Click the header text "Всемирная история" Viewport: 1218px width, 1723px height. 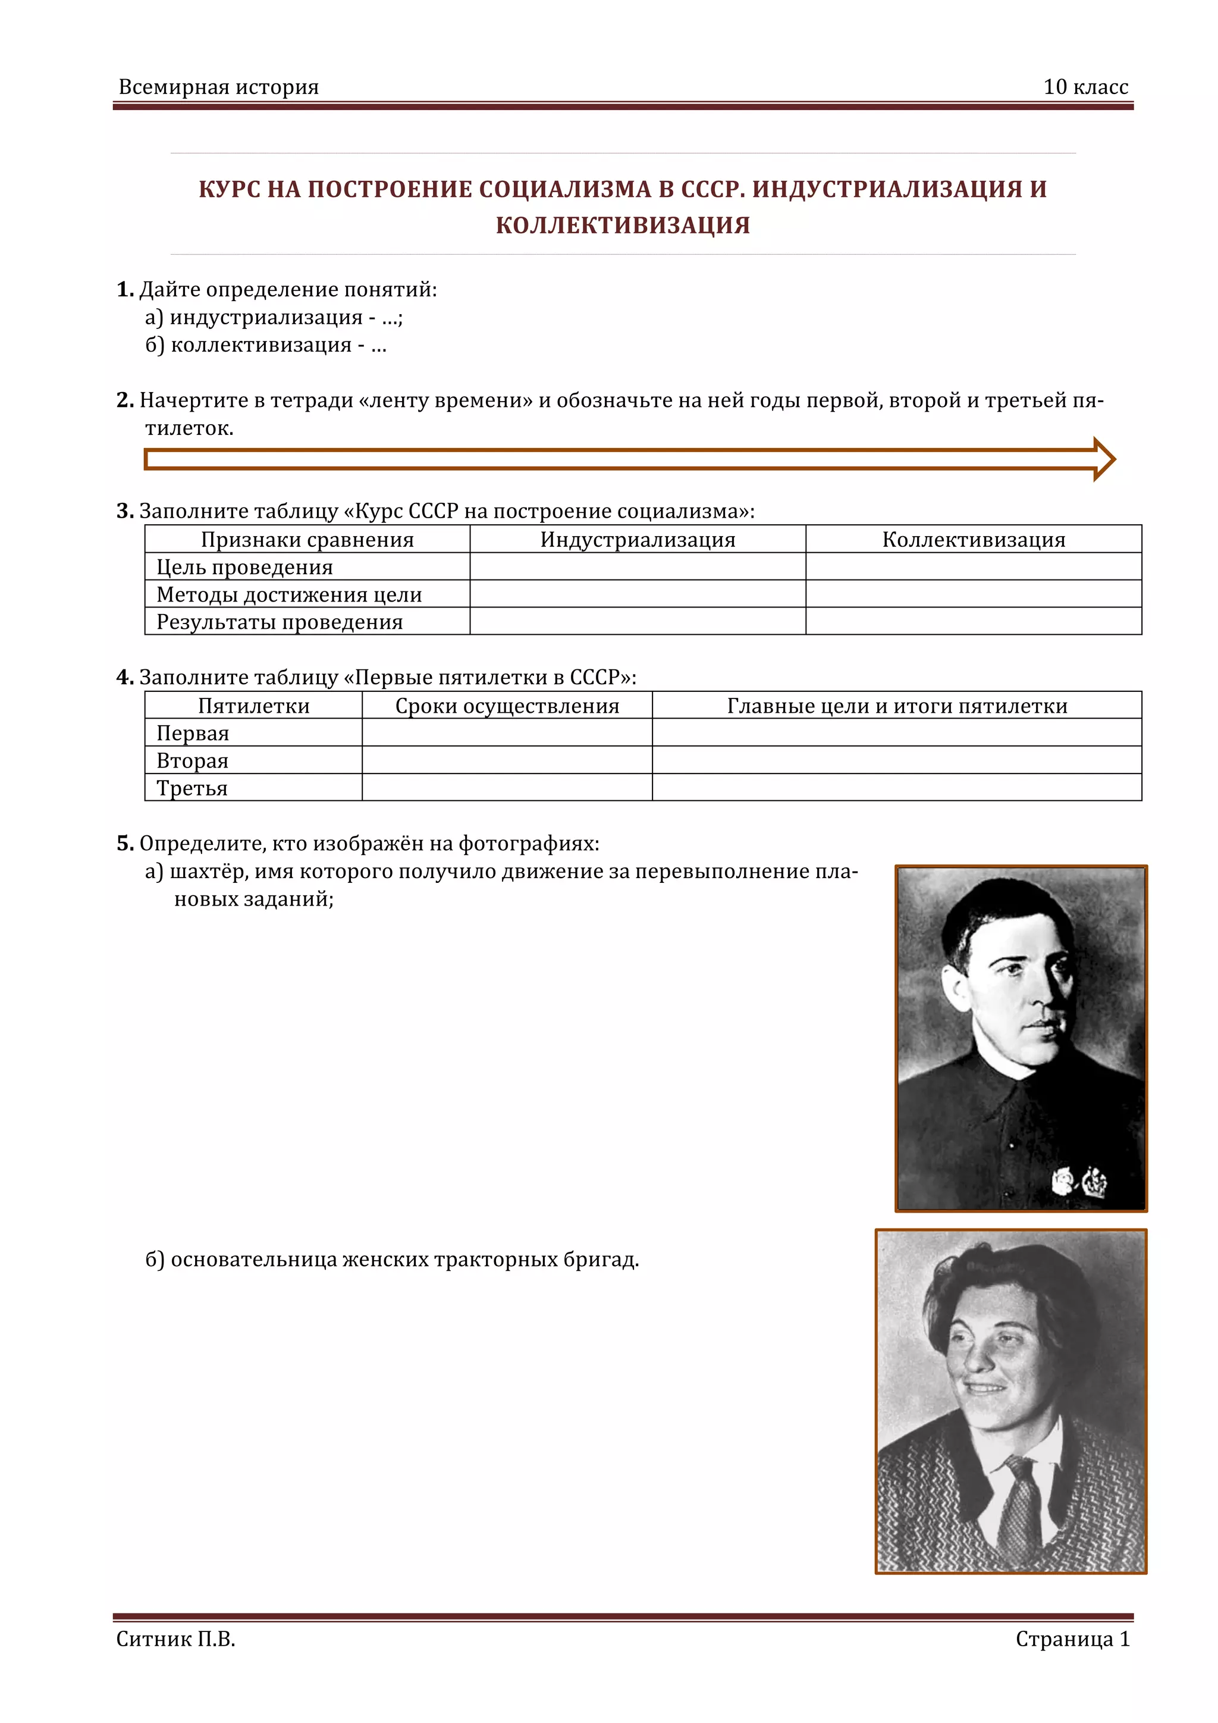point(218,87)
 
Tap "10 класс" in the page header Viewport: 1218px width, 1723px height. point(1085,87)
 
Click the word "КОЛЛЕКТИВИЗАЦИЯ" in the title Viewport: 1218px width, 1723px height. point(623,225)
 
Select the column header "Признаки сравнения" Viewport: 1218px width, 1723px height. point(307,540)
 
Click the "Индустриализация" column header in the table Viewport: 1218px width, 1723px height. point(638,540)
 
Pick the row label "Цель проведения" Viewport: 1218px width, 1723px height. point(244,568)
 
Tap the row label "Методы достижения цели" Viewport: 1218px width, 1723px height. point(289,594)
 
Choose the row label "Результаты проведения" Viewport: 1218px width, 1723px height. point(279,622)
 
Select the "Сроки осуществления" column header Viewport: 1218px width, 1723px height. point(507,706)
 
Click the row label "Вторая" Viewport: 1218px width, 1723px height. point(192,761)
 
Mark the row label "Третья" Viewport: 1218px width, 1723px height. point(192,788)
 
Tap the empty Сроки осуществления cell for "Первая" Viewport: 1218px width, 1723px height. point(507,733)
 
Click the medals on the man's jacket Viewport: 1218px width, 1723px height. point(1081,1180)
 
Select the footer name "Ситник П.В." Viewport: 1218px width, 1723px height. point(175,1639)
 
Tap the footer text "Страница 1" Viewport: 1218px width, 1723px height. point(1072,1639)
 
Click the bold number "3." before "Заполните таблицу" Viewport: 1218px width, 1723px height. point(124,511)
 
